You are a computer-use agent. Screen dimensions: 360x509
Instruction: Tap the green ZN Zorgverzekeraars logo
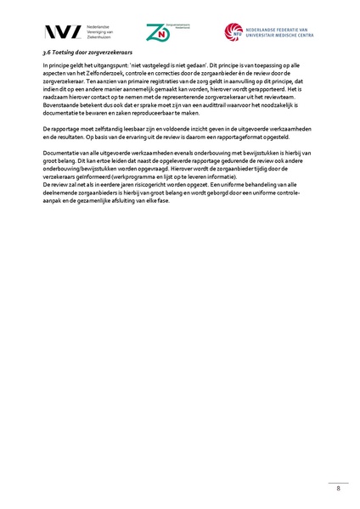(x=157, y=32)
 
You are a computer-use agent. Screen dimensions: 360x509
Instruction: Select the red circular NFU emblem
(x=233, y=32)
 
